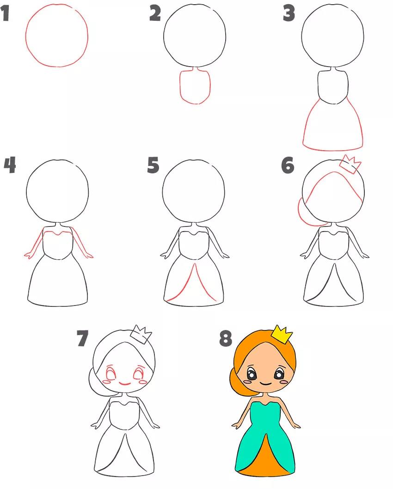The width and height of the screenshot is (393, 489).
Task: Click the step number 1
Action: click(x=5, y=13)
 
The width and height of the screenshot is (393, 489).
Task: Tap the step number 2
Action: click(x=155, y=13)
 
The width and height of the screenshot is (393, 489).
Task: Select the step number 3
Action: click(x=289, y=13)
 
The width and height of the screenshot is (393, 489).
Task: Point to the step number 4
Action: click(x=10, y=165)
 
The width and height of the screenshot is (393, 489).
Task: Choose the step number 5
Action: click(x=153, y=165)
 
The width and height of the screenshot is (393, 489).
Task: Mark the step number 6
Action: click(x=288, y=165)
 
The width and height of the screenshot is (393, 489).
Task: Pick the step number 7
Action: click(x=83, y=338)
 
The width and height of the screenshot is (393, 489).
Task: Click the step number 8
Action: click(x=226, y=338)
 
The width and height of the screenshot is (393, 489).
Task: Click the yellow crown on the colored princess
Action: click(x=281, y=335)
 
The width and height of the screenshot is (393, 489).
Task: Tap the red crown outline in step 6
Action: click(x=350, y=164)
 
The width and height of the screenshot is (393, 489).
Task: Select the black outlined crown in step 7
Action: click(x=141, y=335)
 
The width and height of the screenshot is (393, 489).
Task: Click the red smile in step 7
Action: click(x=125, y=384)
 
